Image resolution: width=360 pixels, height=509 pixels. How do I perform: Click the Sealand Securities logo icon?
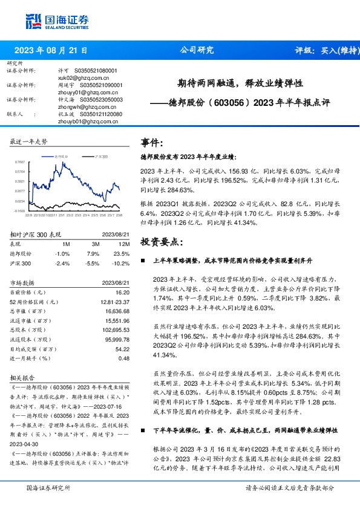[x=34, y=21]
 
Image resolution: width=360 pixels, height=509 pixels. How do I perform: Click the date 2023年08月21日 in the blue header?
[x=50, y=51]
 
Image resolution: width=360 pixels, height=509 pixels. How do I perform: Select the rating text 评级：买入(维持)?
[x=324, y=51]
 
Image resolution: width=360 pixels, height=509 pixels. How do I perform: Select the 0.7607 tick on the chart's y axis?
[x=20, y=162]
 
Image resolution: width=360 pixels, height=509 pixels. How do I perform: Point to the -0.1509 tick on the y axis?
[x=20, y=211]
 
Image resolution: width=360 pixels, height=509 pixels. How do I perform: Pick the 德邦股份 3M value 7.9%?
[x=93, y=254]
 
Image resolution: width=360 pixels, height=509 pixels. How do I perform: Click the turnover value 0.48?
[x=124, y=358]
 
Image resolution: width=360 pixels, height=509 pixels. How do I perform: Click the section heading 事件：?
[x=152, y=143]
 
